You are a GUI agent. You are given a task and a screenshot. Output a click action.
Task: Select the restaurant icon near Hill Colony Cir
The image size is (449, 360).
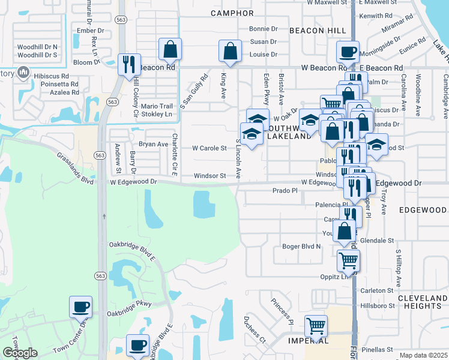click(128, 65)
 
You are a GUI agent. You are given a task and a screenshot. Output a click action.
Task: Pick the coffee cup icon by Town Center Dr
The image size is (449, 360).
click(80, 307)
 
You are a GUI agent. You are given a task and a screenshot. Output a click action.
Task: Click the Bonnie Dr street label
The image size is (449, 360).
click(264, 28)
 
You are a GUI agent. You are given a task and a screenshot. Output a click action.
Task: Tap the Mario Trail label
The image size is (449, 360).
click(156, 106)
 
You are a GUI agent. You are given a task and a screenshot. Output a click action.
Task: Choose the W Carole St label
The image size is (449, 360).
click(209, 148)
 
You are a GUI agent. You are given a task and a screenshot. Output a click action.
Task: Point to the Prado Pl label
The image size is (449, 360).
click(285, 190)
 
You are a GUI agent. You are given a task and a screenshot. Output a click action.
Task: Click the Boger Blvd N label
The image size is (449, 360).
click(301, 246)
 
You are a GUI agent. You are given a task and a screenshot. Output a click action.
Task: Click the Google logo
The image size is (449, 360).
click(20, 353)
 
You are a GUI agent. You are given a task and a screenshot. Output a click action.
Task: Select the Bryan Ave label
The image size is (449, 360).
click(154, 144)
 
